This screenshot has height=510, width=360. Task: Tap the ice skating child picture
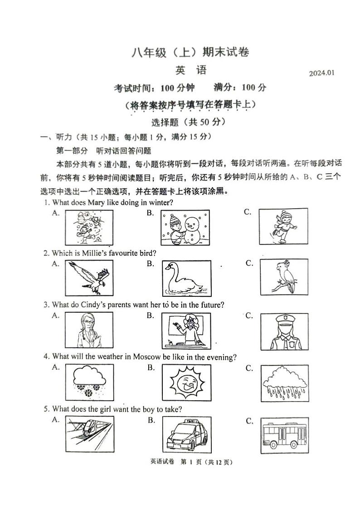tap(283, 225)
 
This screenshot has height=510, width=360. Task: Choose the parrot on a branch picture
tap(284, 277)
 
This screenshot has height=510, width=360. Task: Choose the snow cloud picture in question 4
tap(89, 382)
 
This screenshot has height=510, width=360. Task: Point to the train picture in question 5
tap(89, 434)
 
